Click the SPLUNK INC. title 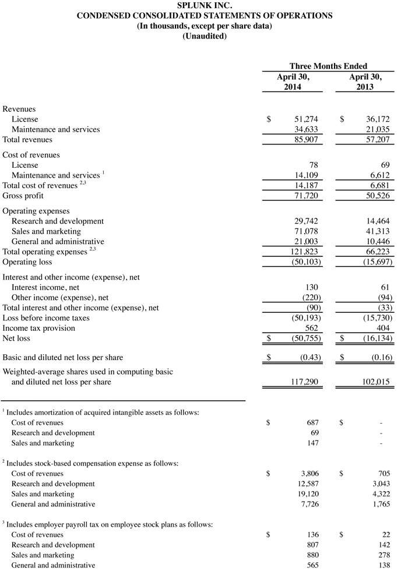[204, 6]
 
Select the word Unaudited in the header [204, 36]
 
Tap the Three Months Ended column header [328, 66]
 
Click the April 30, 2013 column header [365, 82]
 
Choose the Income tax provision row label [38, 328]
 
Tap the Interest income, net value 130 [312, 287]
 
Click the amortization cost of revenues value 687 [312, 422]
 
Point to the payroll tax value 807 [312, 545]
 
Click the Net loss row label [16, 338]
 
